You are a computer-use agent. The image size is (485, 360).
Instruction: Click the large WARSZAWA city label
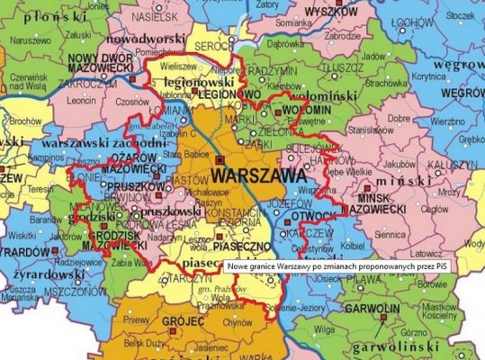pyautogui.click(x=256, y=176)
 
